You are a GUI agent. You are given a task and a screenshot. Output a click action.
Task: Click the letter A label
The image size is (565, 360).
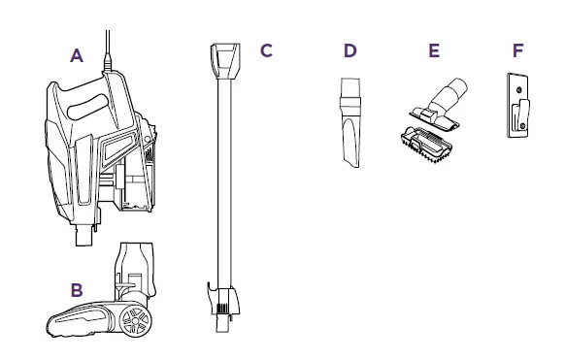pyautogui.click(x=77, y=55)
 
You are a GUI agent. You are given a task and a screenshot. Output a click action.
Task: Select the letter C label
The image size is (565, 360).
pyautogui.click(x=265, y=49)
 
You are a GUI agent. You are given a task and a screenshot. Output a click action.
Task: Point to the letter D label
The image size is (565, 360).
pyautogui.click(x=349, y=49)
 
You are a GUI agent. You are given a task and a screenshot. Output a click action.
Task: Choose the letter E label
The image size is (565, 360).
pyautogui.click(x=434, y=49)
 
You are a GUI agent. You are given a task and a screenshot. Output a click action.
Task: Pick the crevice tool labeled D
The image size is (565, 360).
pyautogui.click(x=350, y=126)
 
